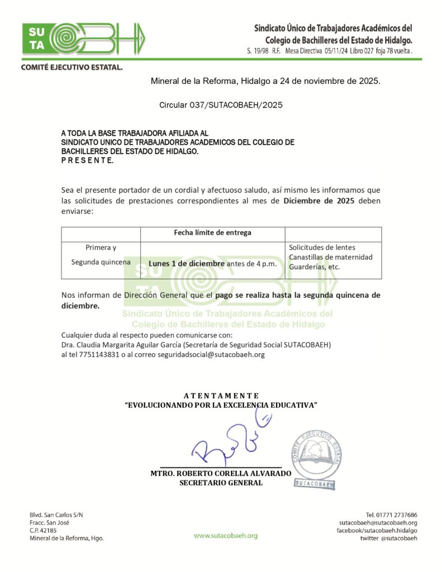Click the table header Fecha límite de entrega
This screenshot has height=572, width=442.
point(213,232)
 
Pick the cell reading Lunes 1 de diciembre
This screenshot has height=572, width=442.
point(187,264)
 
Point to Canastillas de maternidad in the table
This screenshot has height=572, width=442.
point(330,257)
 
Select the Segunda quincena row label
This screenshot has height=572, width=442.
point(101,261)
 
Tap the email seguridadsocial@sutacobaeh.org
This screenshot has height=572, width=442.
point(211,354)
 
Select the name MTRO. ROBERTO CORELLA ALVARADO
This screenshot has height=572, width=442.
point(221,473)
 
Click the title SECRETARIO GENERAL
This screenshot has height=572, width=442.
point(221,483)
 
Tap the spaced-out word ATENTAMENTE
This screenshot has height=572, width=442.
point(221,395)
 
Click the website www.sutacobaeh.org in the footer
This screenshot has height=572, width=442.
point(226,535)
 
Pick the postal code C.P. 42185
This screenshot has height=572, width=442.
point(43,530)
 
